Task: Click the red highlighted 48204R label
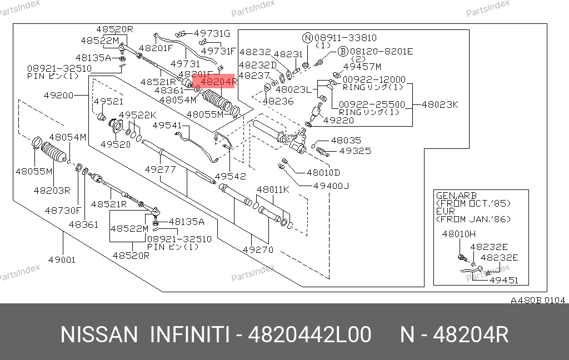(x=215, y=82)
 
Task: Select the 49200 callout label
(x=59, y=95)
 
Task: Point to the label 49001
(x=62, y=259)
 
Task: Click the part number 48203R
(x=52, y=190)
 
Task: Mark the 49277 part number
(x=160, y=169)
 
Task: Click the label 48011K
(x=273, y=189)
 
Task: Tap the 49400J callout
(x=331, y=186)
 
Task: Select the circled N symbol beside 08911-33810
(x=307, y=38)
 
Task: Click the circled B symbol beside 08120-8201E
(x=343, y=51)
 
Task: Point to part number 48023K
(x=440, y=104)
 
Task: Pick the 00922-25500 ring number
(x=372, y=104)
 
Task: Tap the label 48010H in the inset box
(x=459, y=234)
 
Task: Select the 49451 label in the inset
(x=503, y=280)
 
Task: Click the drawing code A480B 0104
(x=538, y=300)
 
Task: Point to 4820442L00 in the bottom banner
(x=310, y=335)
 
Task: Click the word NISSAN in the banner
(x=98, y=335)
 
